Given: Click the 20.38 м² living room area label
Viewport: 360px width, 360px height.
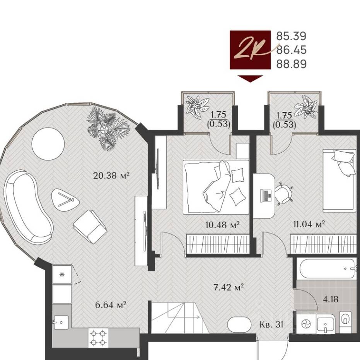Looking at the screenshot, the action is click(x=111, y=176).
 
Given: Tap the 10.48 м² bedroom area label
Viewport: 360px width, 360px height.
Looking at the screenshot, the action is click(x=222, y=224).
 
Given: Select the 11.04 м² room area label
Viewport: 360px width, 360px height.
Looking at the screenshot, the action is click(x=309, y=224).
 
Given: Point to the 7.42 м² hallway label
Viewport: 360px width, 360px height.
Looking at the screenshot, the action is click(x=229, y=287).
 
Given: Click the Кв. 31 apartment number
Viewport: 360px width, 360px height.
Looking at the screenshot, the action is click(x=271, y=325).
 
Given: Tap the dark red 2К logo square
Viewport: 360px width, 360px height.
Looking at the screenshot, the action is click(x=250, y=49).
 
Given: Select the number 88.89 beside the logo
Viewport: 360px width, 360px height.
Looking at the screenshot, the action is click(x=291, y=64).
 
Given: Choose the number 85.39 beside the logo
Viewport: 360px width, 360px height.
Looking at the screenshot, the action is click(x=291, y=36).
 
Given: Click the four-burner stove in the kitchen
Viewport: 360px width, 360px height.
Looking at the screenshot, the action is click(x=98, y=338).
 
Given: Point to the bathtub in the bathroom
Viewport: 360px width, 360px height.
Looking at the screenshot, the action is click(x=326, y=268).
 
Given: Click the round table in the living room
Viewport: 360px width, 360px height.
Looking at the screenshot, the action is click(x=48, y=144).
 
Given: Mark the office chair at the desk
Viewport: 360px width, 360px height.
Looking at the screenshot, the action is click(x=283, y=193).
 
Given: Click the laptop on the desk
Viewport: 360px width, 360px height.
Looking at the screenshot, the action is click(x=266, y=195).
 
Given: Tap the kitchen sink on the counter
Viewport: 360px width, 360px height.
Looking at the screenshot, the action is click(x=61, y=322).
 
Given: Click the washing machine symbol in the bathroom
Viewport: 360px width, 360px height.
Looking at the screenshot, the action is click(x=306, y=324).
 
